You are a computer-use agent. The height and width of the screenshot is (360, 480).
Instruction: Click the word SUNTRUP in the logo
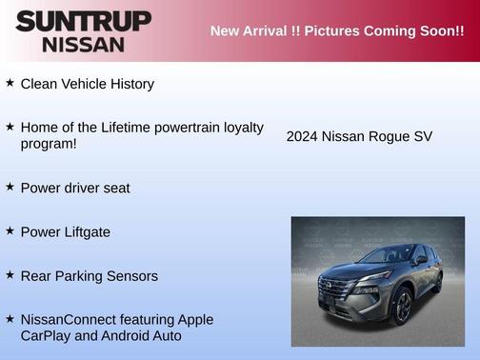click(83, 21)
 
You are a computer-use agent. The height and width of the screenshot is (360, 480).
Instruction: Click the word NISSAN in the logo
click(83, 44)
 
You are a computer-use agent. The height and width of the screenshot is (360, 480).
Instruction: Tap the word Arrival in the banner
click(271, 30)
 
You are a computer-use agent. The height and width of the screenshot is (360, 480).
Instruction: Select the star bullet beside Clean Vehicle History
click(10, 83)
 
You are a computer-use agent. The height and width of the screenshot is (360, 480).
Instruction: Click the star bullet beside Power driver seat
click(10, 187)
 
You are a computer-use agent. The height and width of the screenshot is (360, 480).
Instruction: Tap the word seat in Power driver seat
click(114, 188)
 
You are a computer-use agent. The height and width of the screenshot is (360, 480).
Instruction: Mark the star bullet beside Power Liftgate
click(10, 230)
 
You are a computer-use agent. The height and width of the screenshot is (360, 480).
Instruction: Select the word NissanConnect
click(65, 319)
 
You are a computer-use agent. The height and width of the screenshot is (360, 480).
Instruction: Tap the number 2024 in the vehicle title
click(302, 136)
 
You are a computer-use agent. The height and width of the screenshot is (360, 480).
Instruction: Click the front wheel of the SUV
click(401, 307)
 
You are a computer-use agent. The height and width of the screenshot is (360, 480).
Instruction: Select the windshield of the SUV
click(385, 255)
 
